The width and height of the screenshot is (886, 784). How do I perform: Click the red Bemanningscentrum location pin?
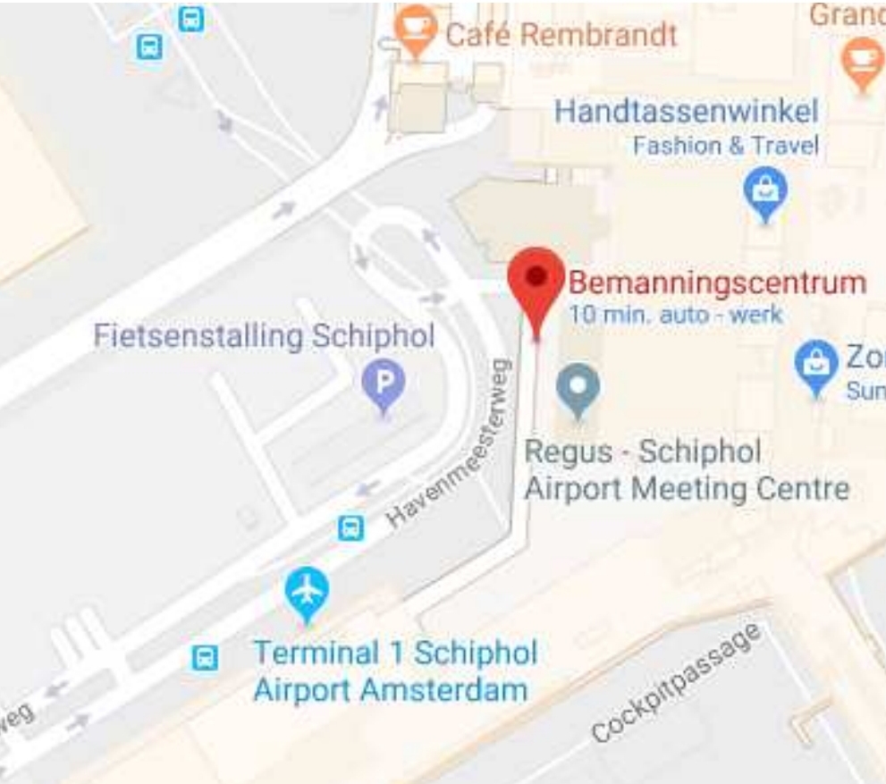536,282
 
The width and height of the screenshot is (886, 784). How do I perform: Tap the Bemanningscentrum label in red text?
717,282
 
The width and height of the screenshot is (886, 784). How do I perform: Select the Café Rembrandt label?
561,36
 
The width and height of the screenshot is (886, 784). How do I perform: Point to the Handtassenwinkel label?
686,113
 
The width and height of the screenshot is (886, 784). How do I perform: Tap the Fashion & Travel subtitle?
725,146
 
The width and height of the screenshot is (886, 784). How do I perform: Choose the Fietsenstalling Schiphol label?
264,337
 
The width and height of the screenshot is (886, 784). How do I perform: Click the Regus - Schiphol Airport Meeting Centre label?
686,470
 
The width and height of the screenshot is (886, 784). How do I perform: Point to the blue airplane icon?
307,592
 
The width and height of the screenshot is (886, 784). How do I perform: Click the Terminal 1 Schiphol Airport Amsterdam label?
394,670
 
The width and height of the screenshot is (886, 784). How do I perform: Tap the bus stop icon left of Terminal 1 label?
205,659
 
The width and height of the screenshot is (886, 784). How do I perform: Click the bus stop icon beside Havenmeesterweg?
351,528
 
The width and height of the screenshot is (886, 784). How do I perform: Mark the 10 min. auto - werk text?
675,315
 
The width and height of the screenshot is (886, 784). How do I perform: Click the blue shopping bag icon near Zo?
815,365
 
